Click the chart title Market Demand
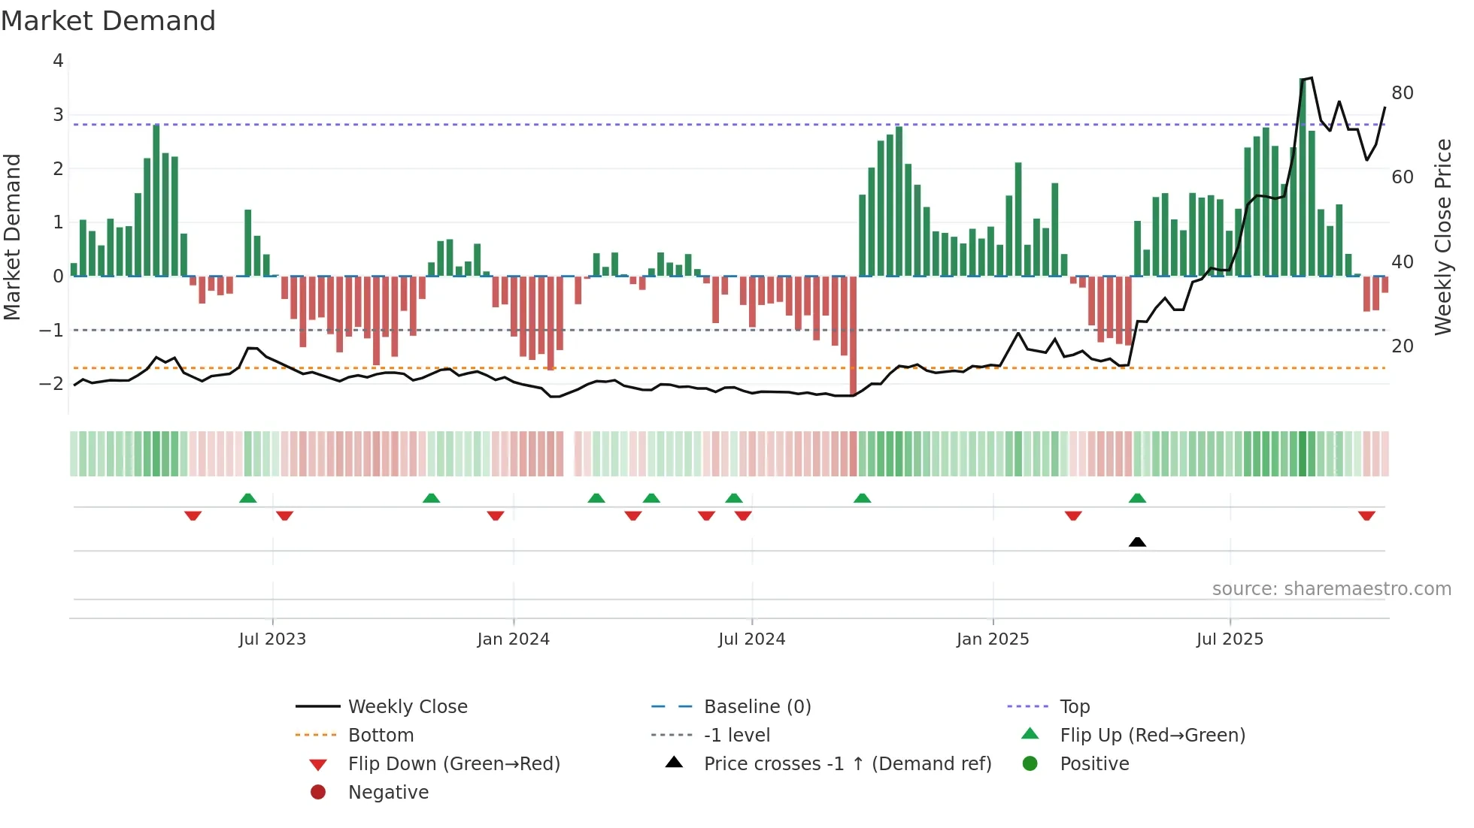108,21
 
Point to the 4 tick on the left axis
58,61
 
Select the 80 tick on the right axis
1403,93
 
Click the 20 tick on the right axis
1403,346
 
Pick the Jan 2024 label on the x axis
513,639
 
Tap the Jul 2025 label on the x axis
1230,639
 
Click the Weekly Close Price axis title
1442,237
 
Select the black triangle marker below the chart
1137,542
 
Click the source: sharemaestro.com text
1331,589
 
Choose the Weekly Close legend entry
407,707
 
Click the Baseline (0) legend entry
757,707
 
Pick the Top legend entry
1074,707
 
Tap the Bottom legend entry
381,736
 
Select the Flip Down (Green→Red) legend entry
453,764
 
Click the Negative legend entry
388,793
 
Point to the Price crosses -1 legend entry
847,764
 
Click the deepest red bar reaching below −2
853,338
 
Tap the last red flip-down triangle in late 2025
1366,515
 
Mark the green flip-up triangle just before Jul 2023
247,498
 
